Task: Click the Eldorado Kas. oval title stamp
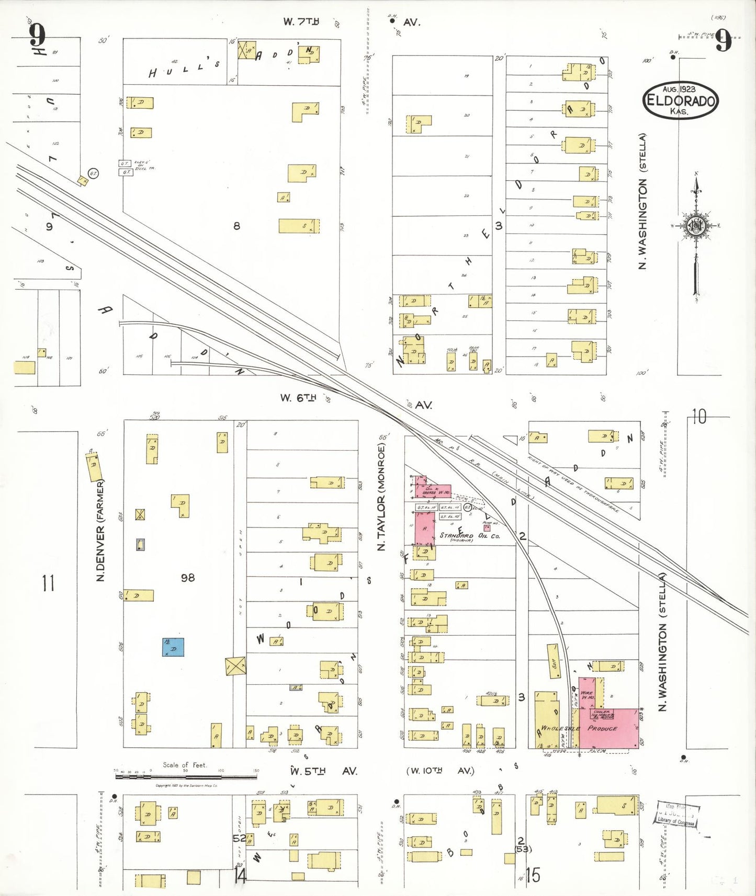[680, 100]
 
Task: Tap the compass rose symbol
[695, 226]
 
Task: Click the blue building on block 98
[173, 647]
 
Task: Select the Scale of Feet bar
[186, 776]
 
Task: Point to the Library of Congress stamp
[677, 814]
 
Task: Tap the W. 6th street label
[298, 398]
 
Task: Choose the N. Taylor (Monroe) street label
[381, 497]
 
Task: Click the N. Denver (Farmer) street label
[100, 530]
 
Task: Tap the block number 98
[187, 578]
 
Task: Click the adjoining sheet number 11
[48, 582]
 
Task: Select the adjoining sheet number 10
[699, 417]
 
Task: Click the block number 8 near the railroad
[236, 226]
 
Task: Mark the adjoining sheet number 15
[533, 875]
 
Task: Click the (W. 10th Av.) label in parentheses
[440, 771]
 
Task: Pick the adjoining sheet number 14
[240, 875]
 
